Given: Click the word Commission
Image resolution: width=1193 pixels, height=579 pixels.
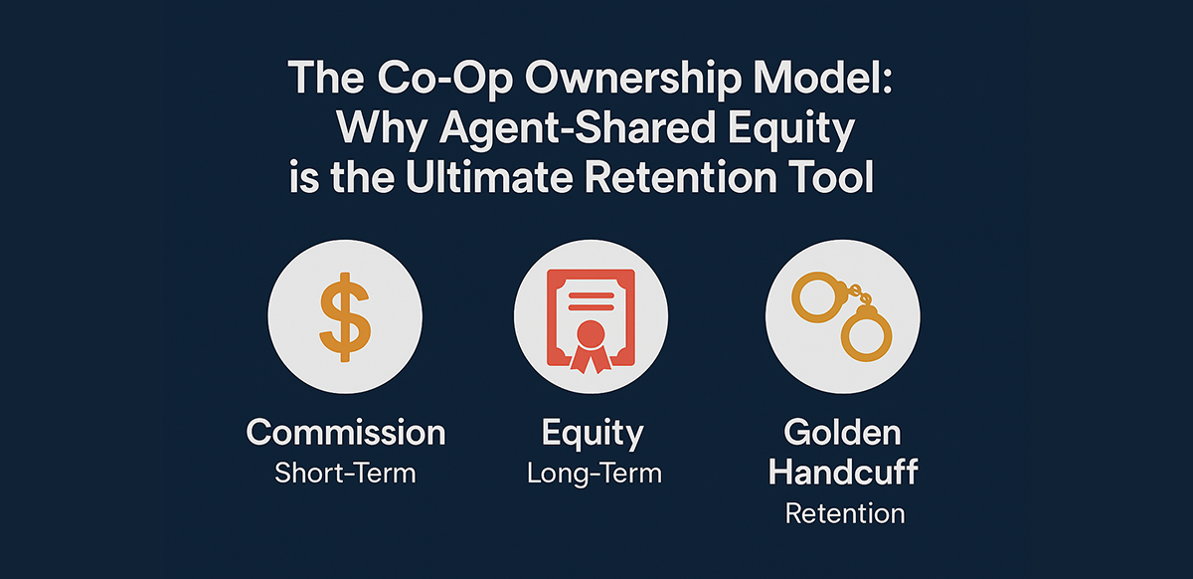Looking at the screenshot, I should coord(346,433).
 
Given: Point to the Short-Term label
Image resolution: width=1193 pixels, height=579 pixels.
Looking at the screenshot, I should coord(346,473).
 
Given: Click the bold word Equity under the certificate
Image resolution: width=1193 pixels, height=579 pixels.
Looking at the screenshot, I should coord(594,433).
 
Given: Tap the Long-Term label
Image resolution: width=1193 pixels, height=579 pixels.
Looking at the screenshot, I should coord(594,473).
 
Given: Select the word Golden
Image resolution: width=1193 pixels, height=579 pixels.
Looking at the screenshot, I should coord(843,433).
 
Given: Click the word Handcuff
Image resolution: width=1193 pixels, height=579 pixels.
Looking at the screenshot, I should coord(843,473).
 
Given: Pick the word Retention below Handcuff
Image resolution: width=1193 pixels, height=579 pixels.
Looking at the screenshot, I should coord(844,513).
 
